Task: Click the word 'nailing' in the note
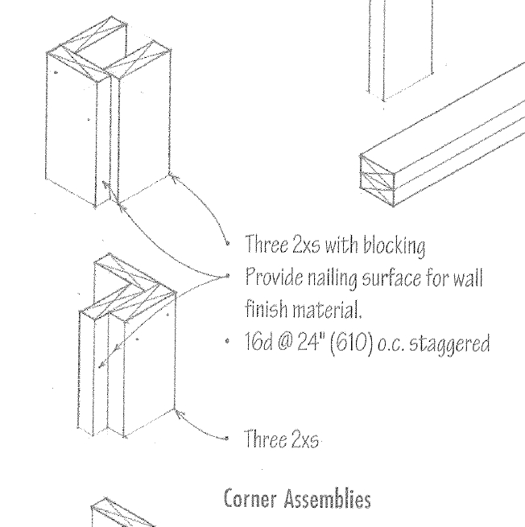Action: coord(325,277)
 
